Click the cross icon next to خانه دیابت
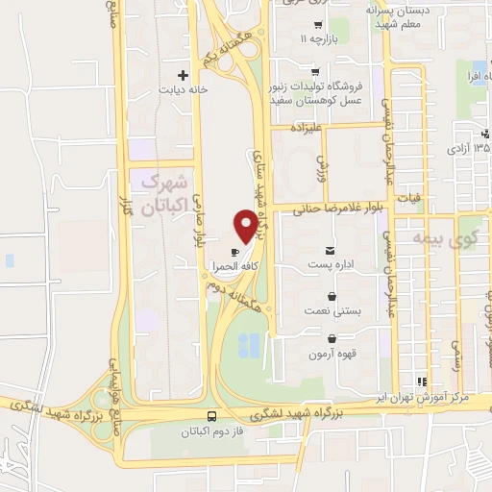[182, 74]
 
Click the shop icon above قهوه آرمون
[332, 338]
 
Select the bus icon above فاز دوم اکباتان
[211, 417]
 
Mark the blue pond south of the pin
[247, 343]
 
